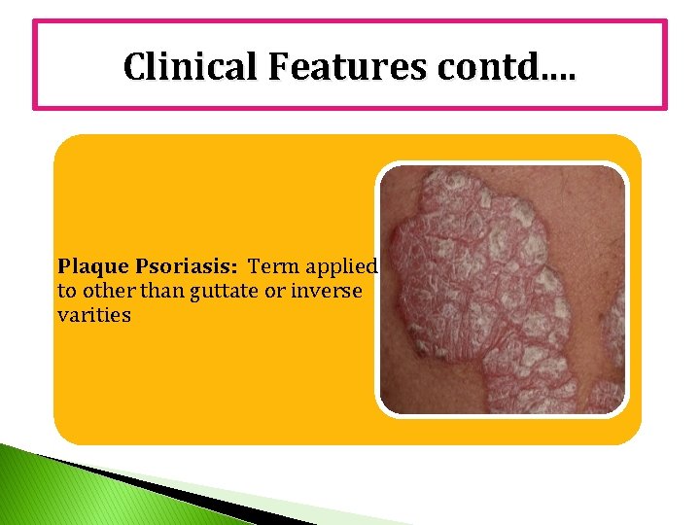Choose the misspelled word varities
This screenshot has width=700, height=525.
[x=93, y=315]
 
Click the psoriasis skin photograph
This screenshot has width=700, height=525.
[x=502, y=289]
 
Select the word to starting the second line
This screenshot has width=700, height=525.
[x=67, y=291]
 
